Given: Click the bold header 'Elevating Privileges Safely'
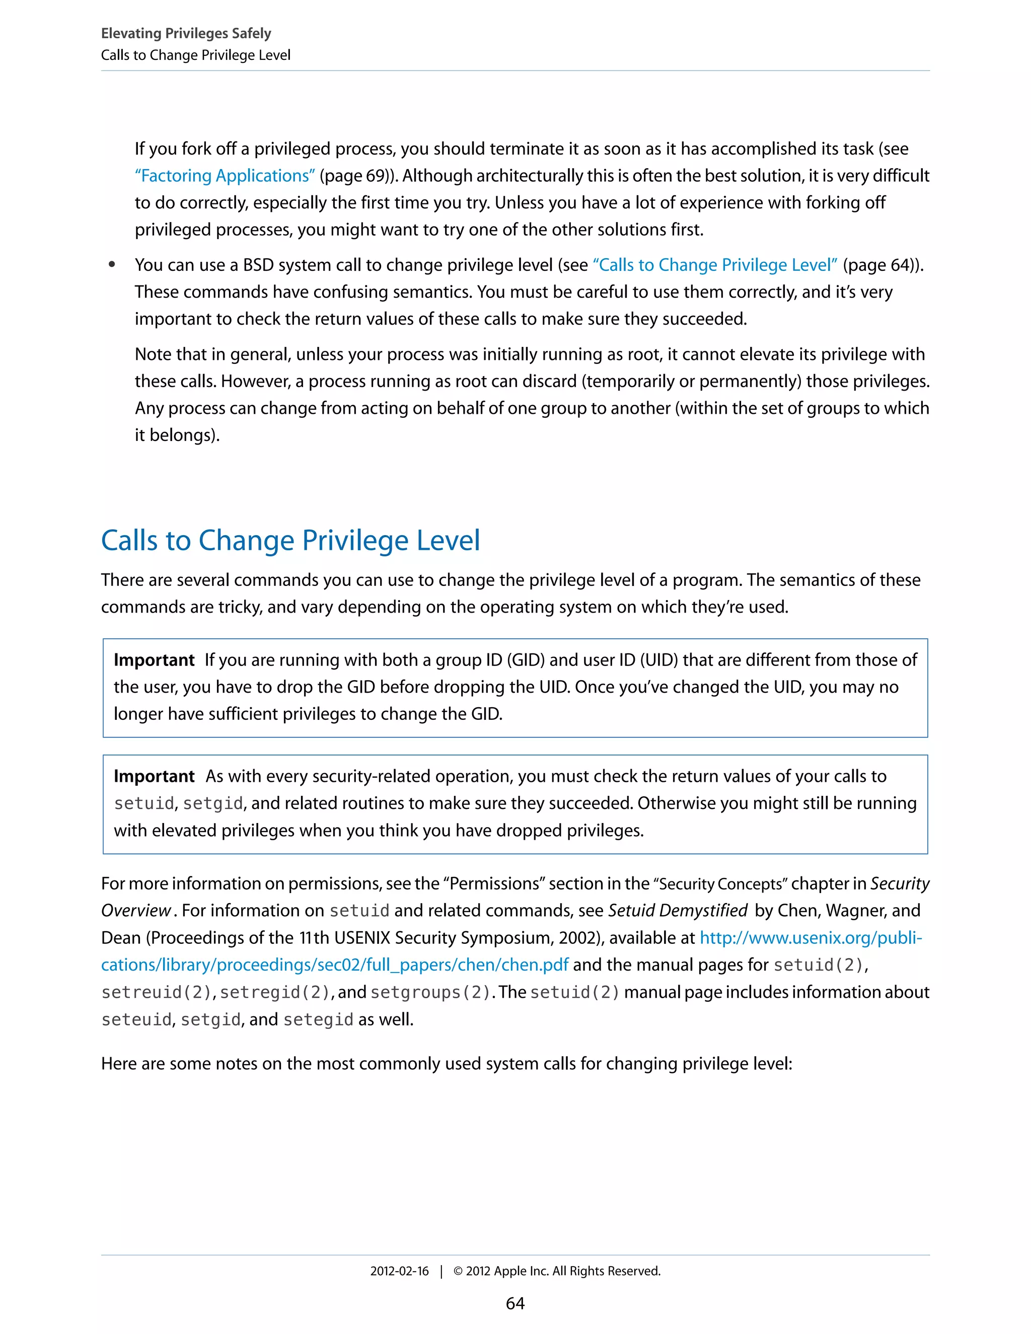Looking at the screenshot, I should pos(186,33).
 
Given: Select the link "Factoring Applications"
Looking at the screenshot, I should pos(225,176).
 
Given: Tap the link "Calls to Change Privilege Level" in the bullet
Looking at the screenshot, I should pos(715,265).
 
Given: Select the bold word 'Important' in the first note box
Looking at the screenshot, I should pos(154,660).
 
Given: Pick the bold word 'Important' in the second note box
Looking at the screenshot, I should pos(154,776).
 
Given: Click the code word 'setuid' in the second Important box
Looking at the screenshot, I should pos(144,804).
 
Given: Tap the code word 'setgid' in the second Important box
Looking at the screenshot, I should pos(212,804).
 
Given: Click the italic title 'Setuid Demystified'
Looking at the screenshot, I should pos(678,911).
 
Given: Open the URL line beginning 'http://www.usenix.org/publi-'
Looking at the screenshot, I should pos(811,938).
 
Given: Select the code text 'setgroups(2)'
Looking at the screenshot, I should pos(430,993).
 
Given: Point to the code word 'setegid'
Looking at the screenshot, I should pos(318,1020).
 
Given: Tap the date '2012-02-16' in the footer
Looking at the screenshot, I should pos(399,1272).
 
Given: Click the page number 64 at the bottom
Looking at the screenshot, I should pos(515,1304).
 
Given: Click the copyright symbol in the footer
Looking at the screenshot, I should pos(458,1272).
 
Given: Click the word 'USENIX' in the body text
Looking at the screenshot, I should pos(362,938).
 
